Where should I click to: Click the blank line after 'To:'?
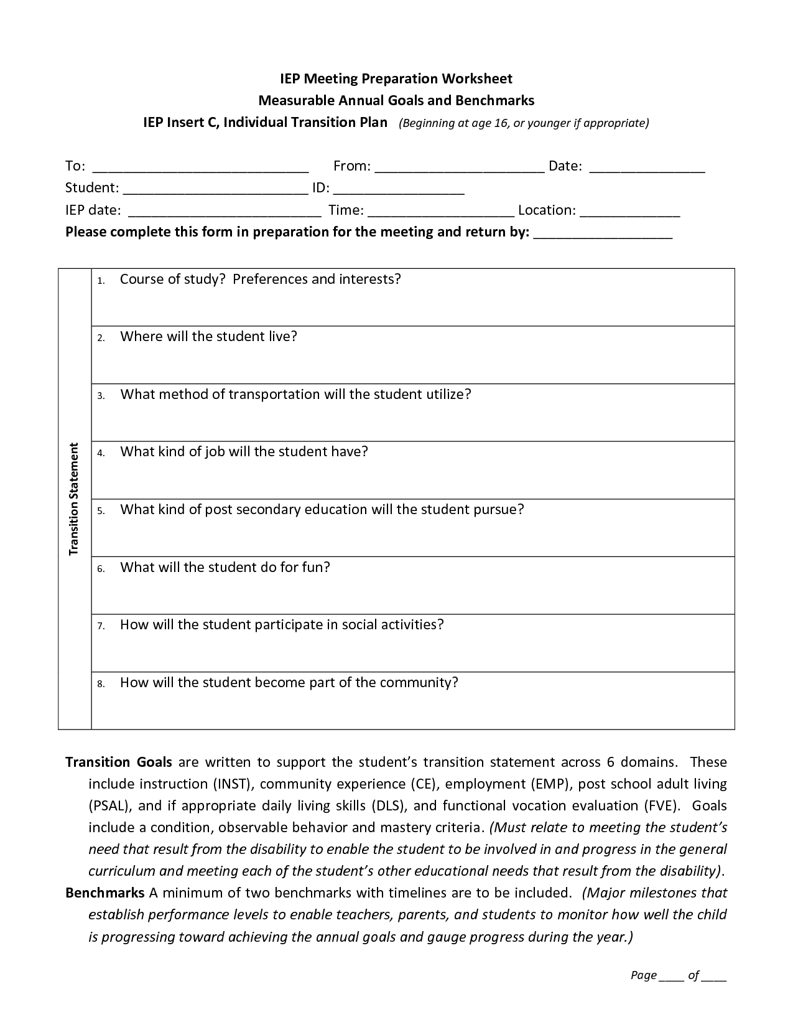200,168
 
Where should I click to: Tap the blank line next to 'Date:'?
647,168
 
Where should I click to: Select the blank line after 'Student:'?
215,190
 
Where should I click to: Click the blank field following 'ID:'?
399,190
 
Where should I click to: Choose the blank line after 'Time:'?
441,212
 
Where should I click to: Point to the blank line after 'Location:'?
629,212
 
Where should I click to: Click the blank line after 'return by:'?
603,235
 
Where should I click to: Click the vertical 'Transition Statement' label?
75,499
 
